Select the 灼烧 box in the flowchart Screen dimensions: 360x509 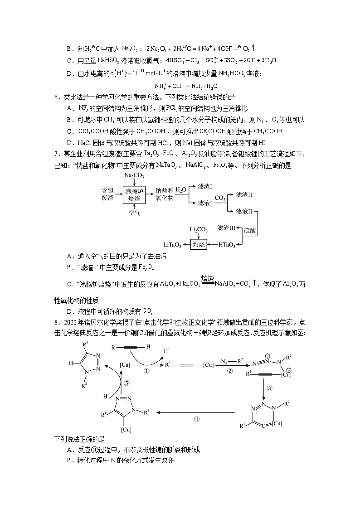coord(199,245)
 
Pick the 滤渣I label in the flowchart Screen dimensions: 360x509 coord(205,186)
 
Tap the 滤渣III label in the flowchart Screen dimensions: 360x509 coord(226,228)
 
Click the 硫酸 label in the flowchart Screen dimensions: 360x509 coord(250,231)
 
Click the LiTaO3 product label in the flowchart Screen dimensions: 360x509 coord(172,245)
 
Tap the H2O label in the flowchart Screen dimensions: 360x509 coord(181,189)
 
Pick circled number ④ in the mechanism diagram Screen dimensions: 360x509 coord(196,419)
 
